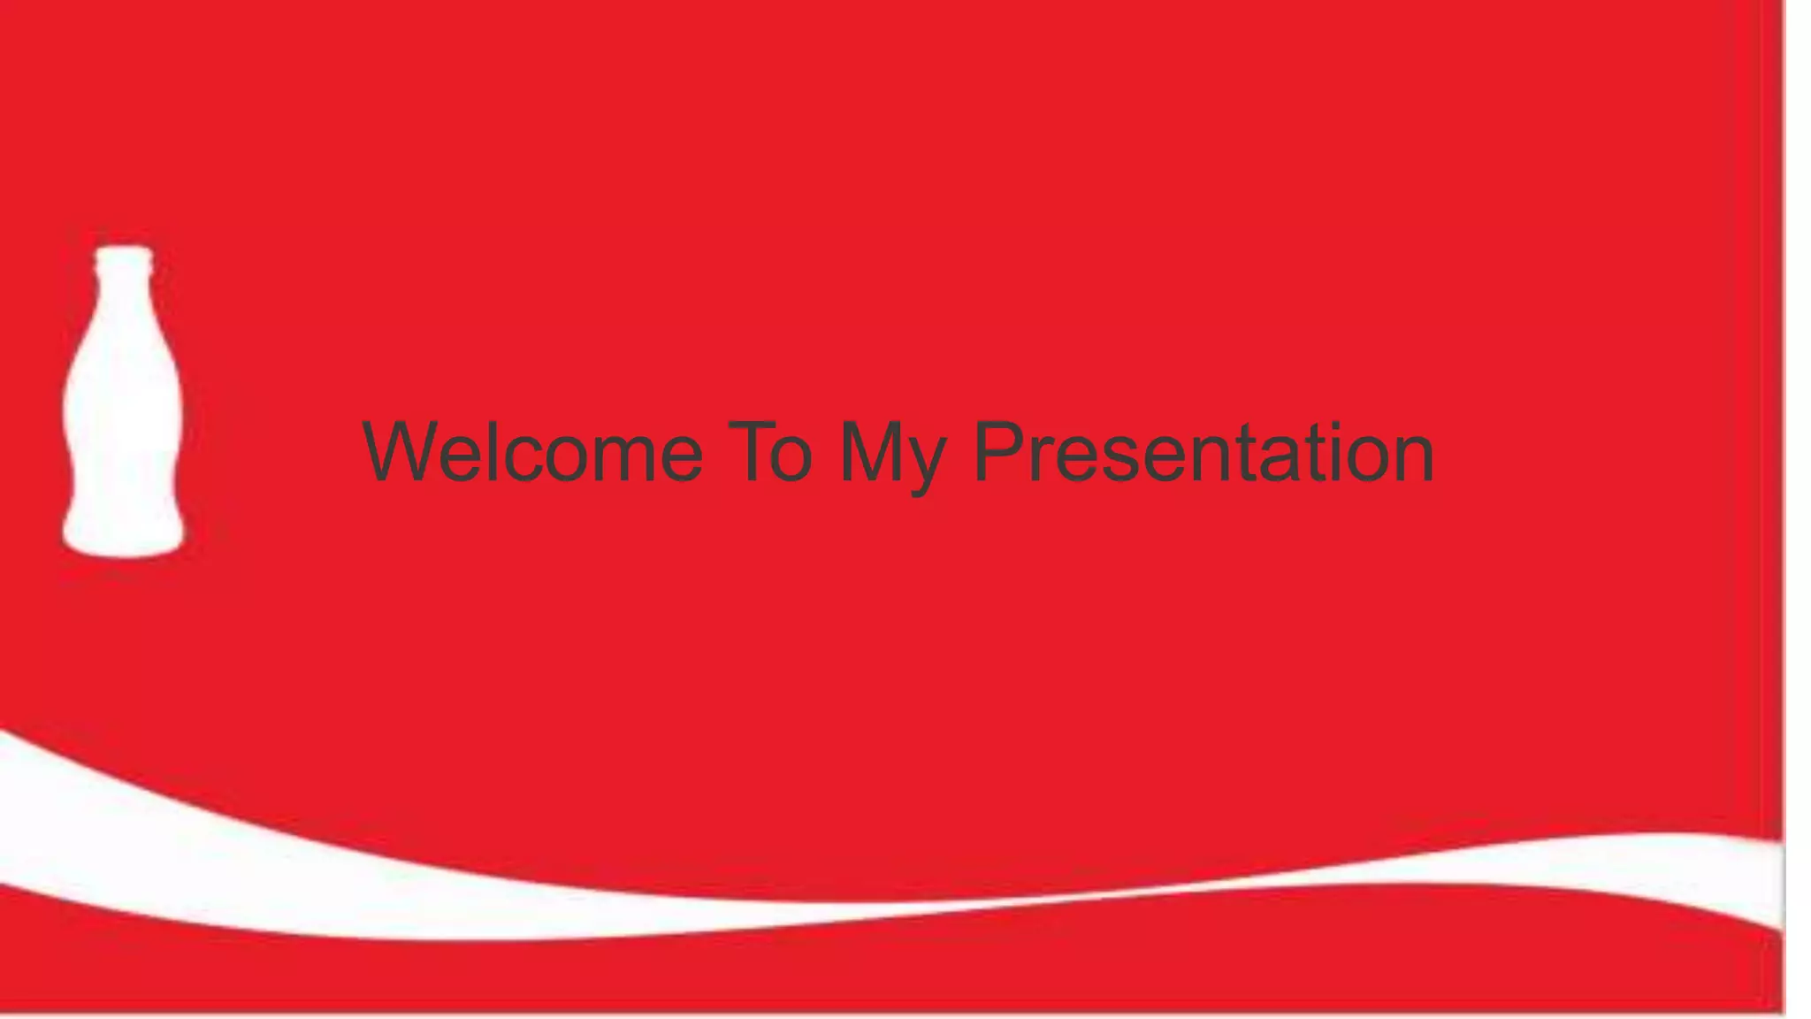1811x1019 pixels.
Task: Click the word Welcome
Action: (x=532, y=453)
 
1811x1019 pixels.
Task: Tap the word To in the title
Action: (x=769, y=453)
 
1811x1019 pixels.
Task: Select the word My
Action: (x=891, y=456)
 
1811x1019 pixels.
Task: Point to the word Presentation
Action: (x=1203, y=453)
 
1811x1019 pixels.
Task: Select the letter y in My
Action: (x=925, y=464)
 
